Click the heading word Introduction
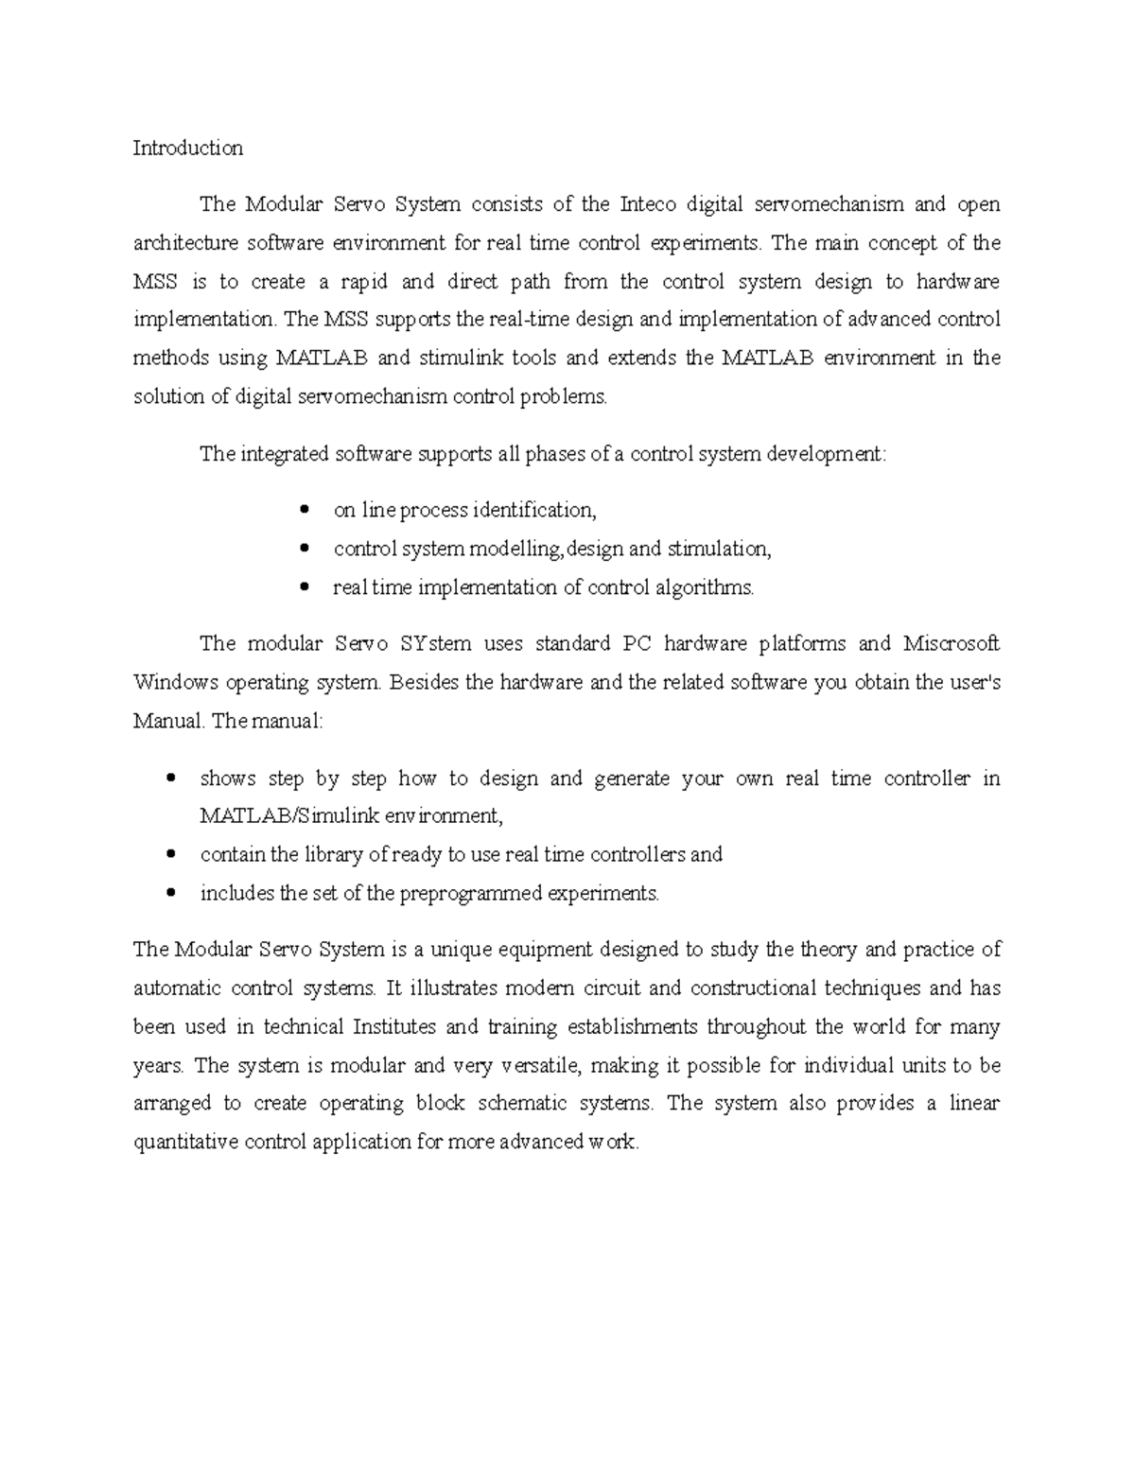[x=187, y=148]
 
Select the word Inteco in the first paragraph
[x=648, y=204]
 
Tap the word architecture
[x=185, y=243]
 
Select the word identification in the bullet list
[x=534, y=511]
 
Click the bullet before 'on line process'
[x=304, y=511]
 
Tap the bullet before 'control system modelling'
[x=304, y=549]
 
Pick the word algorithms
[x=707, y=587]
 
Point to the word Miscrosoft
[x=952, y=644]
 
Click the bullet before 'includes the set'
[x=170, y=893]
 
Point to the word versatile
[x=543, y=1065]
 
